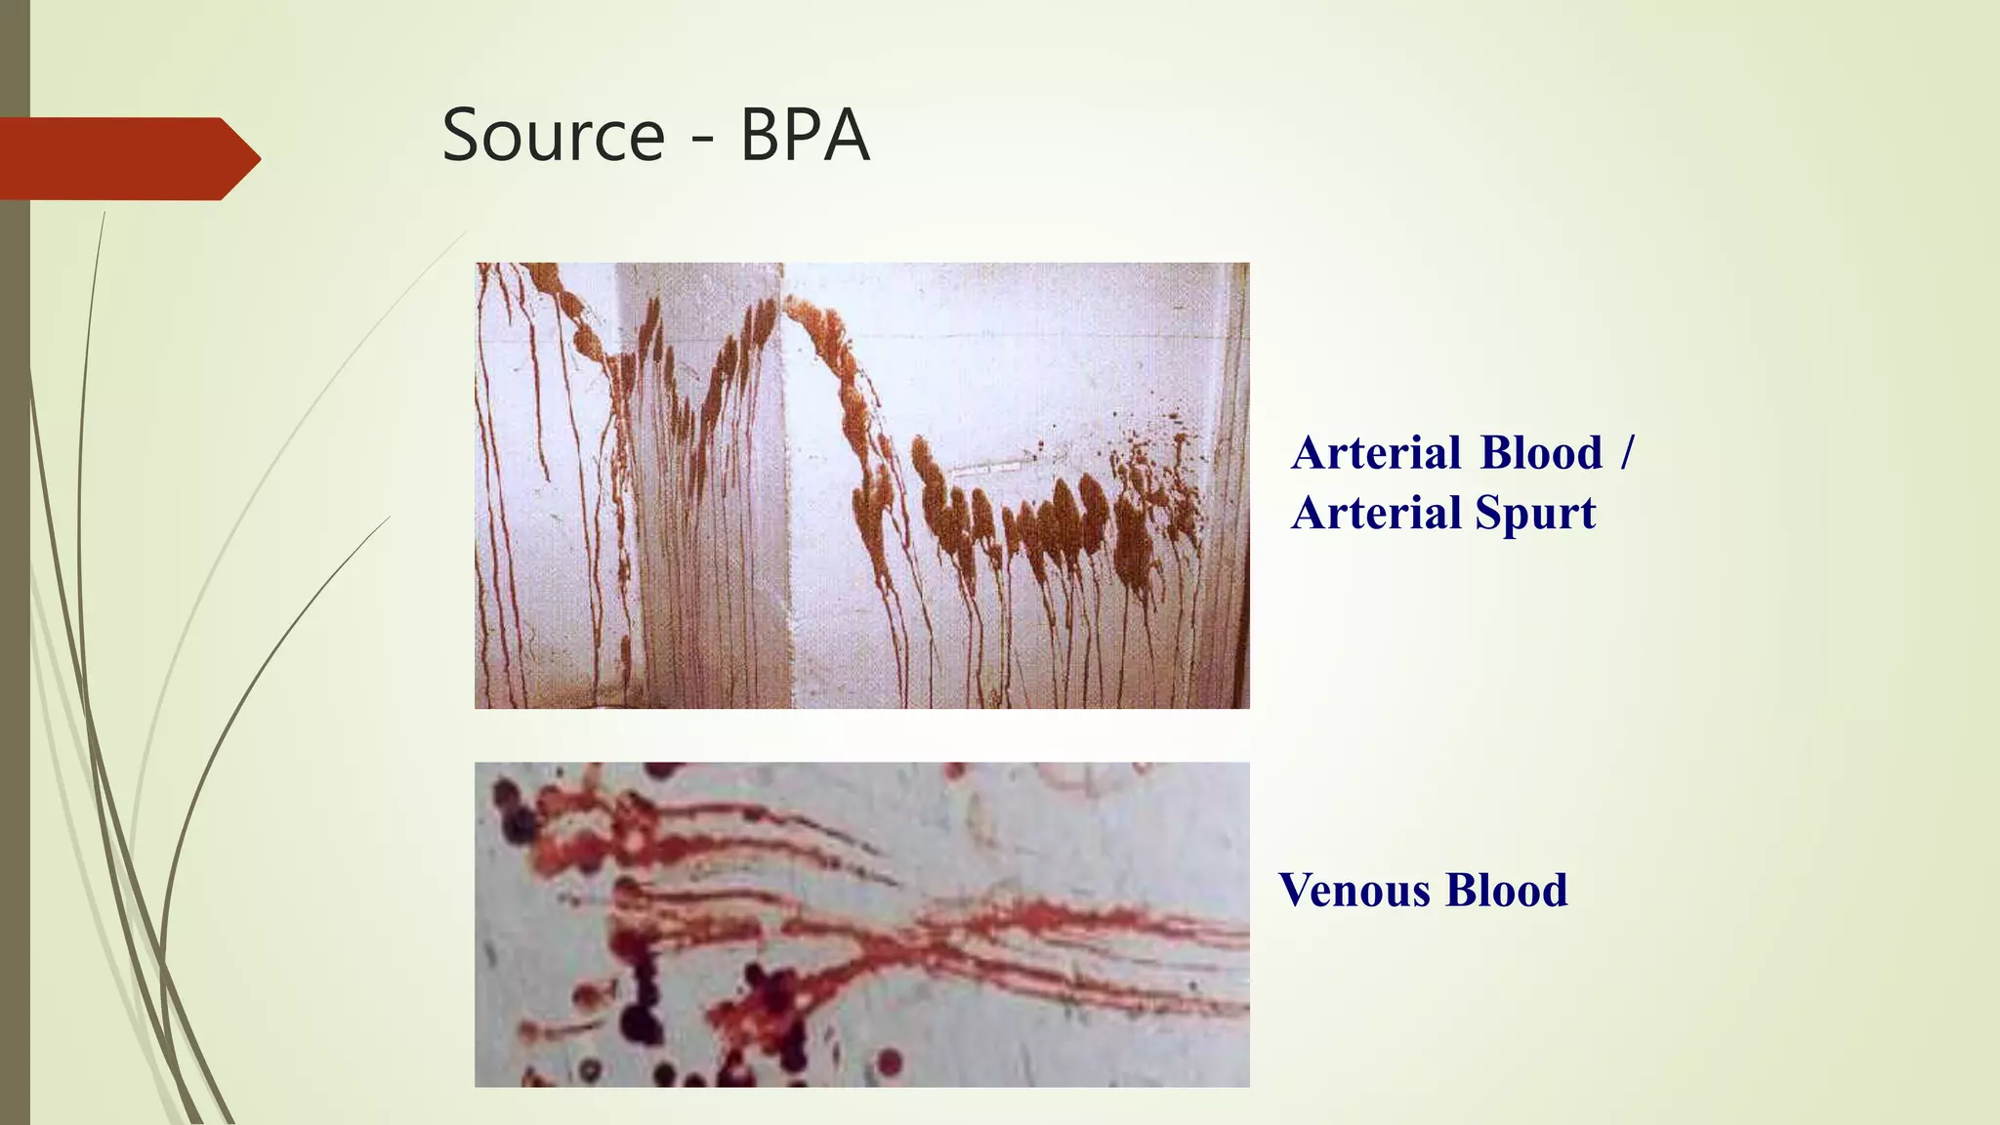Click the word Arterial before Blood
[x=1376, y=453]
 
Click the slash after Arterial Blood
[x=1626, y=453]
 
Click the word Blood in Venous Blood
[x=1507, y=891]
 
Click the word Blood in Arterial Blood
[x=1541, y=453]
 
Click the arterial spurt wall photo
[x=861, y=485]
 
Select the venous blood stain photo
[x=861, y=924]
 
